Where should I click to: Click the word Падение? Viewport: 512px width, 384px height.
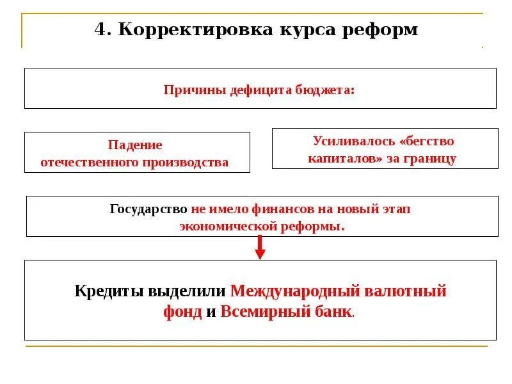coord(134,145)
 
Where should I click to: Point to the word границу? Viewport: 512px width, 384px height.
coord(431,159)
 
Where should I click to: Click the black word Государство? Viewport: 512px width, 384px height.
coord(148,209)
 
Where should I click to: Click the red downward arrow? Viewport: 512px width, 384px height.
coord(260,247)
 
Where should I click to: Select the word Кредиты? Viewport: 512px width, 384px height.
coord(109,291)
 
